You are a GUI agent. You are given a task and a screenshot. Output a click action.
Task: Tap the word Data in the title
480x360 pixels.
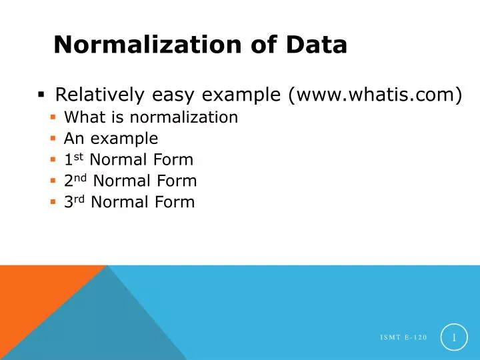click(317, 45)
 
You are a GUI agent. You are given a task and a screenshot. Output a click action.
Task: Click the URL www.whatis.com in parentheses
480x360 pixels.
click(375, 95)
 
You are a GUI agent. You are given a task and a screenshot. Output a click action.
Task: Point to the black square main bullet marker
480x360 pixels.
click(41, 95)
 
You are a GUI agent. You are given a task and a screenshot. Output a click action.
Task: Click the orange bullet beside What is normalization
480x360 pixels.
click(53, 117)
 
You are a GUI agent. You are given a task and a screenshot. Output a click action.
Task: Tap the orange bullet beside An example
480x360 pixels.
click(53, 139)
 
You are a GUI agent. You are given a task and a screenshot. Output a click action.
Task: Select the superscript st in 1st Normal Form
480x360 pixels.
click(78, 157)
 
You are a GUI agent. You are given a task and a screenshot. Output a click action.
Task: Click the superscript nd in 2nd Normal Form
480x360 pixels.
click(80, 178)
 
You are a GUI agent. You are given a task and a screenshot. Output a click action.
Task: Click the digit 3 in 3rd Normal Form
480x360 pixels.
click(68, 202)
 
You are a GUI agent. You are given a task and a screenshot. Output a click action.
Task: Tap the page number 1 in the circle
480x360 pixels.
click(454, 338)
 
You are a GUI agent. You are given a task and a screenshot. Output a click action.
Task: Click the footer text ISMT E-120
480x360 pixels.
click(403, 339)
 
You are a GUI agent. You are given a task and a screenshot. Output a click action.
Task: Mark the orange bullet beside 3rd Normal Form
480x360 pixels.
click(53, 202)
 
